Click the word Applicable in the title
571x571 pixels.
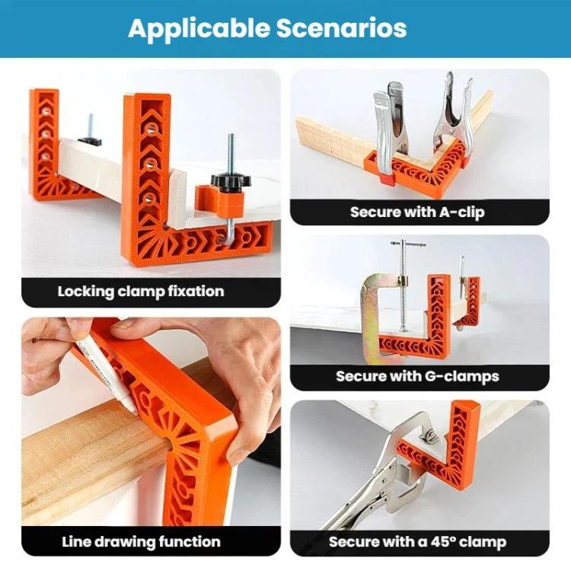click(199, 29)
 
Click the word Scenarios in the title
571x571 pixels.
click(341, 28)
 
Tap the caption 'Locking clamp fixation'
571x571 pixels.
click(141, 292)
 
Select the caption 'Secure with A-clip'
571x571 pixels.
click(417, 212)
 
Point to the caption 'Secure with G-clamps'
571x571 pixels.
click(417, 376)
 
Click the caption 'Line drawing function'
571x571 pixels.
click(141, 542)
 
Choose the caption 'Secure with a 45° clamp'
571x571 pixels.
click(417, 542)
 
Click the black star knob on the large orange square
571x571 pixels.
click(226, 180)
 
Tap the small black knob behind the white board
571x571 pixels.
click(89, 142)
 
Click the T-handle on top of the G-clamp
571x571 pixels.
click(407, 244)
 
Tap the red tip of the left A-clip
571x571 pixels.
click(386, 179)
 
